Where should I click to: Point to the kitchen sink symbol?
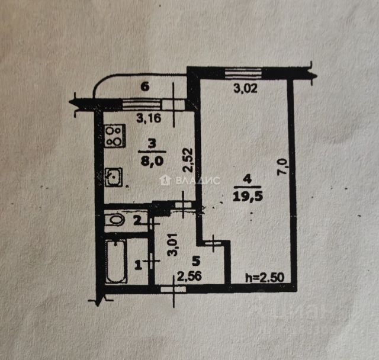pyautogui.click(x=114, y=176)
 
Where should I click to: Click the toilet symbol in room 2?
pyautogui.click(x=115, y=221)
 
